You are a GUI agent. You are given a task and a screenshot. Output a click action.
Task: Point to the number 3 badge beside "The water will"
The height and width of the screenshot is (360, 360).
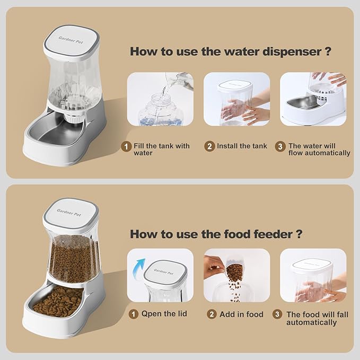point(279,146)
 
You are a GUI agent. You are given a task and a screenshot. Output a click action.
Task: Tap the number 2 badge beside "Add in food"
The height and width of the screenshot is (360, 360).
point(211,314)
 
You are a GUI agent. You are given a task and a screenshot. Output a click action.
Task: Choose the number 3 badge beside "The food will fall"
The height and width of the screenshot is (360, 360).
point(277,314)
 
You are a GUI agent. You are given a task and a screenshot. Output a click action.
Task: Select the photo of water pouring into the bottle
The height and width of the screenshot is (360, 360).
point(160,99)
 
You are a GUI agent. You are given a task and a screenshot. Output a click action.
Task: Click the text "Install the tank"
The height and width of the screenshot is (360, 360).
point(242,146)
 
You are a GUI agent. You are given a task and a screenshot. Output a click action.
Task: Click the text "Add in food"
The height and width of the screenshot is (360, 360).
point(241,314)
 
